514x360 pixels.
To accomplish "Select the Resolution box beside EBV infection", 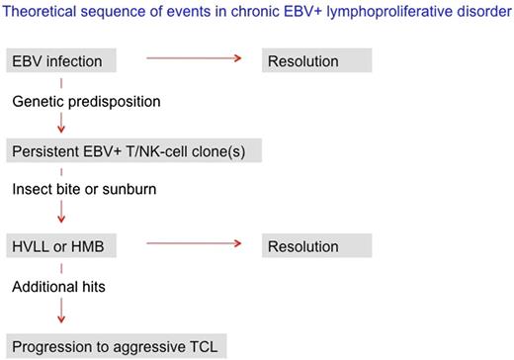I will (316, 61).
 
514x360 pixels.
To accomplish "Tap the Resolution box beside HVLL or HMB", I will (316, 246).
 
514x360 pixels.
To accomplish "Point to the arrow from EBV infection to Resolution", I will (194, 61).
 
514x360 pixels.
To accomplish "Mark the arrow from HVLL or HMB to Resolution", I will (194, 245).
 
